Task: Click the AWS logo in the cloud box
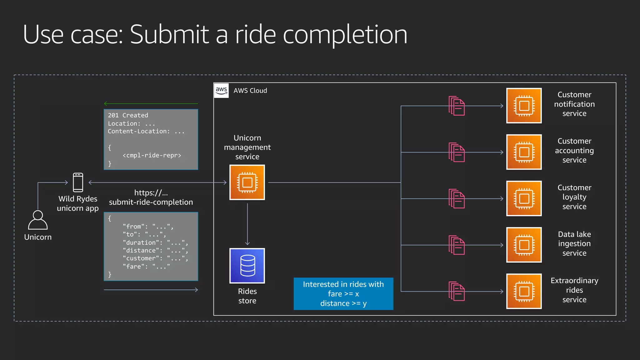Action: pos(221,90)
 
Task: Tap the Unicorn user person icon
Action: pos(38,220)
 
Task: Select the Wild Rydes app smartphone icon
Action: pos(78,182)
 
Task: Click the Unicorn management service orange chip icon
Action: pos(247,182)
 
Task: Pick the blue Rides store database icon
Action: pos(247,266)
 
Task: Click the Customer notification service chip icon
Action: pos(524,106)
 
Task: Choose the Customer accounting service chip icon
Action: pos(524,152)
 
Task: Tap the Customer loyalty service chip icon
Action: pos(524,198)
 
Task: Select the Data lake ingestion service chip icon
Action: pos(524,245)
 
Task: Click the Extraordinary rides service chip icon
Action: pos(524,291)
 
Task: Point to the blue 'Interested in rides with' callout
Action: pos(343,294)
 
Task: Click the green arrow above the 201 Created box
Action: pos(151,103)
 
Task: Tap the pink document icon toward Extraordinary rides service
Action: pos(457,291)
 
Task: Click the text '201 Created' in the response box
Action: pos(128,115)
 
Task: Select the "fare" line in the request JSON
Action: pos(146,267)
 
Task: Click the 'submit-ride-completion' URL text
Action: pos(151,202)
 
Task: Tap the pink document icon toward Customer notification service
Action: pos(457,106)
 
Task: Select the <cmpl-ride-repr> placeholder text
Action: pos(152,155)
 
